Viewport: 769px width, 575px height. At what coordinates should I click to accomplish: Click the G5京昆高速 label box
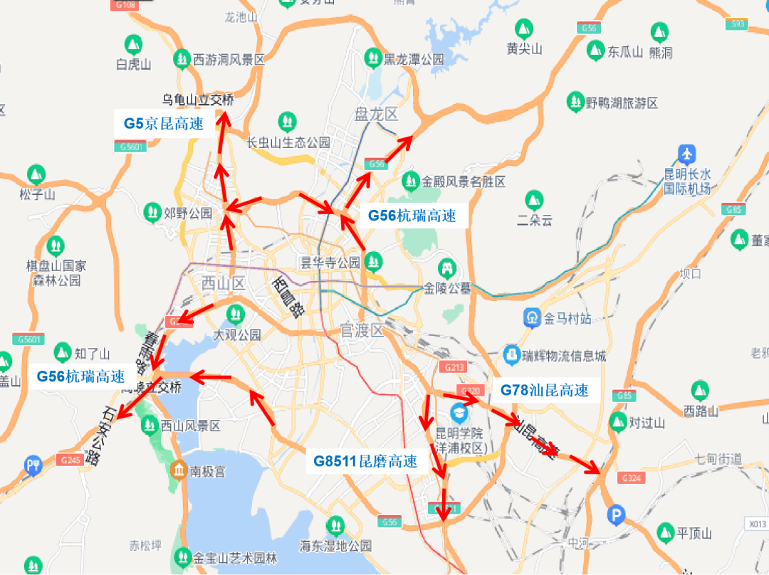tap(164, 123)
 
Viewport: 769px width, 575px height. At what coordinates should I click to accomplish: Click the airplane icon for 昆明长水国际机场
tap(687, 154)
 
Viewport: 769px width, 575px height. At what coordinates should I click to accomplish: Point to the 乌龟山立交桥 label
tap(197, 100)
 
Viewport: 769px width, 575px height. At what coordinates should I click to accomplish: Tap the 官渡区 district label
tap(362, 329)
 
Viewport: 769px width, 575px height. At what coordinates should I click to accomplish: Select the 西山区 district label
tap(223, 284)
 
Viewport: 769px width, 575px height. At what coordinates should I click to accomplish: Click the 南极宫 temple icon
tap(178, 470)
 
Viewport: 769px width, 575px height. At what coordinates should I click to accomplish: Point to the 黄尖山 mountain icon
tap(524, 29)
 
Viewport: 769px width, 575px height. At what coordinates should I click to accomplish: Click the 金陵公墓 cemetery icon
tap(448, 268)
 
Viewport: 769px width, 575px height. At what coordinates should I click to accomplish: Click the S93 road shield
tap(738, 24)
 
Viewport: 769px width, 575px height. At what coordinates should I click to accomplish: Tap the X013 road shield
tap(758, 524)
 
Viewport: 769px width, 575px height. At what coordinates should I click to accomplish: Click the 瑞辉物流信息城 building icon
tap(511, 354)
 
